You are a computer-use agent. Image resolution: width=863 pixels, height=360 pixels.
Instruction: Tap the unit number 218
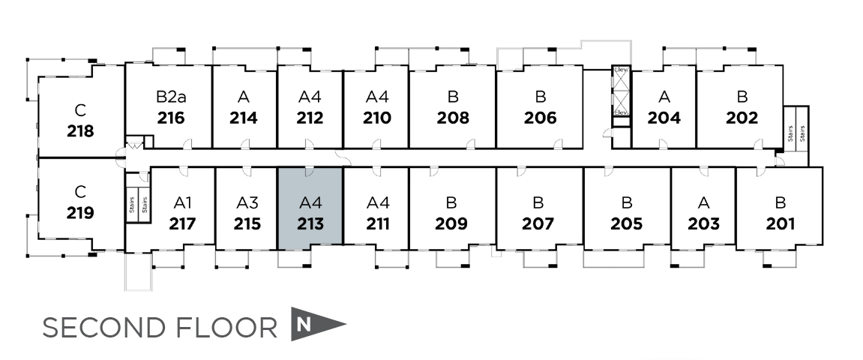coord(80,131)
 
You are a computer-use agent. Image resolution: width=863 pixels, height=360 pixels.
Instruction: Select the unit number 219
coord(80,213)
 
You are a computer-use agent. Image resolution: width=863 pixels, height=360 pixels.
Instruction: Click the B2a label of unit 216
coord(171,97)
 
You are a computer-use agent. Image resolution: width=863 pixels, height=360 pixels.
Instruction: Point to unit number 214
coord(244,118)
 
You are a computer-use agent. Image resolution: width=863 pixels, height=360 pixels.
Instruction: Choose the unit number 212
coord(310,118)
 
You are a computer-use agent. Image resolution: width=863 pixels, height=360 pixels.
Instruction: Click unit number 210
coord(377,118)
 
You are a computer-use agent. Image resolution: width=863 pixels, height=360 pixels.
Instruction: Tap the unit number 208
coord(453,118)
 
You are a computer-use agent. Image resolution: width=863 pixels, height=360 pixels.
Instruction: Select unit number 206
coord(541,118)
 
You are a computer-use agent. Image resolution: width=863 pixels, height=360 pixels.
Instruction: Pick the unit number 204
coord(664,118)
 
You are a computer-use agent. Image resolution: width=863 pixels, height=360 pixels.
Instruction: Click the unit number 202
coord(742,118)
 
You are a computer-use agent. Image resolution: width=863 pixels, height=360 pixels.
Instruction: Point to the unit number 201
coord(781,223)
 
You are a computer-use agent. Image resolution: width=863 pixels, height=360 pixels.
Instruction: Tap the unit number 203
coord(703,223)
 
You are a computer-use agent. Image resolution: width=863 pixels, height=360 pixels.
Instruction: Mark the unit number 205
coord(627,223)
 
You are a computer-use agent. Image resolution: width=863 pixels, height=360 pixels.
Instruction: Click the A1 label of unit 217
coord(183,202)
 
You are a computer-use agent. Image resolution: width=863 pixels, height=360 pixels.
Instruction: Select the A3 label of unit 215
coord(247,202)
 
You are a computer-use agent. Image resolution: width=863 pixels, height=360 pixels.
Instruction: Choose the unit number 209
coord(451,223)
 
